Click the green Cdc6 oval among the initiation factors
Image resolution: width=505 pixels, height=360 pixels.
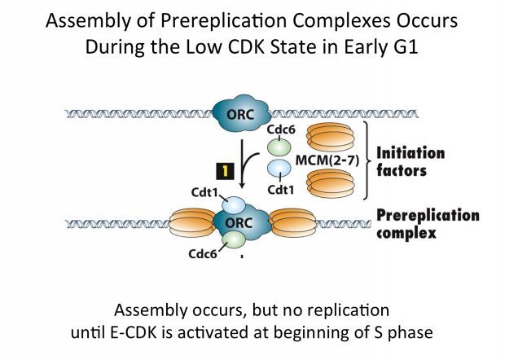(279, 148)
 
